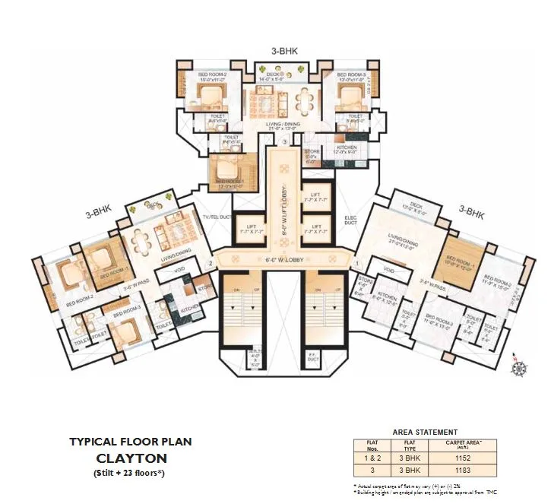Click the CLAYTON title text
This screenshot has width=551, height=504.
coord(131,458)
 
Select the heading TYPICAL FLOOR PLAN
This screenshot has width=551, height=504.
coord(131,441)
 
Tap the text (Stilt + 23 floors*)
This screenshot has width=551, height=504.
coord(131,474)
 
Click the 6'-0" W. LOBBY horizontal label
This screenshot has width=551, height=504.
coord(277,258)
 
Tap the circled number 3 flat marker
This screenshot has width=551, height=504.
coord(284,142)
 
